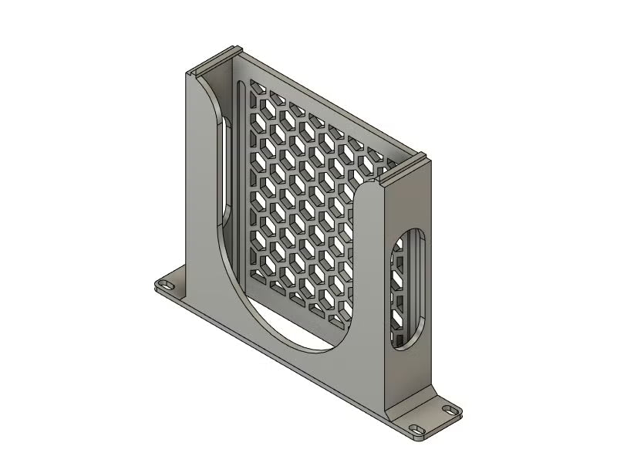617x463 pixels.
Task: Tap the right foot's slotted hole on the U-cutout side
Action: pyautogui.click(x=417, y=429)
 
